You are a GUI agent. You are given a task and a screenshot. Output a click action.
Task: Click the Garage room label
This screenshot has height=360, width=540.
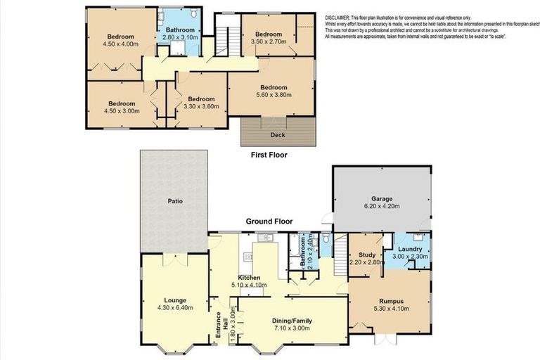pos(382,199)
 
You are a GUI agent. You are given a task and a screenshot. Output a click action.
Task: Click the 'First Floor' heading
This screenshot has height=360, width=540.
pos(269,155)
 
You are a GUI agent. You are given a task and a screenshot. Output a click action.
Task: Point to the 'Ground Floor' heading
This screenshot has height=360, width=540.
pos(269,221)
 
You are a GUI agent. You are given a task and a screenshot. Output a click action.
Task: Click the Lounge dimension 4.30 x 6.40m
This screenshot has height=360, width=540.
pos(176,308)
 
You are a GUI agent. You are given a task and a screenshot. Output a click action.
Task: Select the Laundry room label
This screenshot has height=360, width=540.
pos(409,249)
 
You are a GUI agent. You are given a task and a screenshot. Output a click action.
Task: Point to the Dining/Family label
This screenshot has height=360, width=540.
pos(292,321)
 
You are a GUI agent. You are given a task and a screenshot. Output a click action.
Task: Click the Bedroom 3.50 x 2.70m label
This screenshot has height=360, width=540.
pos(268,34)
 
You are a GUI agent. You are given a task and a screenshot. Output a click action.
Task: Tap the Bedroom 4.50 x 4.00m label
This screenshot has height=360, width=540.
pos(121,37)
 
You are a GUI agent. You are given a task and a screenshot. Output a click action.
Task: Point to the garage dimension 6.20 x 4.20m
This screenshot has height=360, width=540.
pos(382,207)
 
